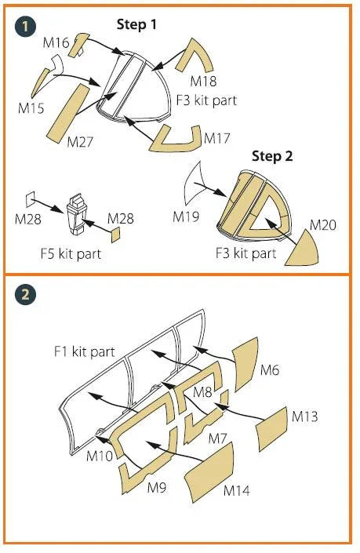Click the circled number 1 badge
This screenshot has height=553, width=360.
click(x=25, y=27)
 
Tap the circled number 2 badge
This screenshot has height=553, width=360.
click(x=25, y=294)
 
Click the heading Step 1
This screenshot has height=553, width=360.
click(x=136, y=24)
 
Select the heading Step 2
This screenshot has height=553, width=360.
click(x=272, y=156)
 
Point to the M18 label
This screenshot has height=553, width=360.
click(x=203, y=81)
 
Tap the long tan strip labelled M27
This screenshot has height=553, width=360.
click(x=70, y=113)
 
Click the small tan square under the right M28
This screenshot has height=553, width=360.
click(x=115, y=235)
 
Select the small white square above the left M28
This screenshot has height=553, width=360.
click(x=31, y=198)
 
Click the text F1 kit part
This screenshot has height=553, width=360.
click(x=84, y=351)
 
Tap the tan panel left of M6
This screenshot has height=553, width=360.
click(x=245, y=364)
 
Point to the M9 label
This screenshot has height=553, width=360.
click(x=157, y=487)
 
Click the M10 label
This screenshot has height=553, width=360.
click(x=100, y=456)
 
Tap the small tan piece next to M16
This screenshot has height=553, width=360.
click(x=79, y=45)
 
